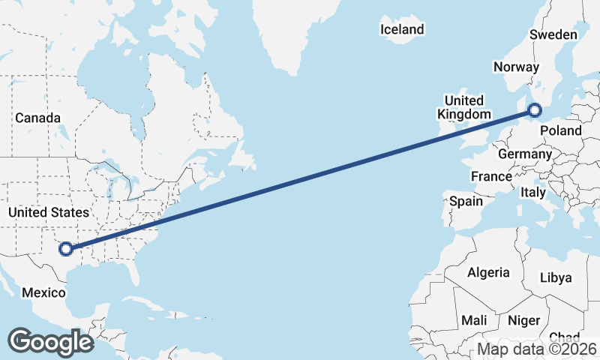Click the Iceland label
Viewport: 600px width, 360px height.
pyautogui.click(x=402, y=30)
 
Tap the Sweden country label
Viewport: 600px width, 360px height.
pyautogui.click(x=553, y=34)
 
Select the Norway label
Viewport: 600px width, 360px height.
pyautogui.click(x=516, y=67)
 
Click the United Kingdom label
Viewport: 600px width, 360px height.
pyautogui.click(x=464, y=107)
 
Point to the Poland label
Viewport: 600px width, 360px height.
pyautogui.click(x=561, y=130)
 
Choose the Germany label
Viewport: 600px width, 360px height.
pyautogui.click(x=525, y=154)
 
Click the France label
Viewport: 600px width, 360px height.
pyautogui.click(x=491, y=176)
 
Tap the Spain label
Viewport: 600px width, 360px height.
pyautogui.click(x=466, y=201)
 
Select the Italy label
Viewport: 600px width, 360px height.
pyautogui.click(x=533, y=193)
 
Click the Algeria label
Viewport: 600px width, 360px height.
pyautogui.click(x=488, y=273)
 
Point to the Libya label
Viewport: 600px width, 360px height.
pyautogui.click(x=556, y=277)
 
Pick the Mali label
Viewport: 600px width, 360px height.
pyautogui.click(x=474, y=320)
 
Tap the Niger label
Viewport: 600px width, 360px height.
pyautogui.click(x=523, y=320)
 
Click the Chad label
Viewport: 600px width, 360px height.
pyautogui.click(x=564, y=337)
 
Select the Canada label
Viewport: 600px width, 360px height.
pyautogui.click(x=37, y=118)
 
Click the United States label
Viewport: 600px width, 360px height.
pyautogui.click(x=48, y=212)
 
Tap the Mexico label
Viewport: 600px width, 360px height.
pyautogui.click(x=43, y=292)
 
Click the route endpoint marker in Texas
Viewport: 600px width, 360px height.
pyautogui.click(x=66, y=248)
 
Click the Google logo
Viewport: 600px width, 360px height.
pyautogui.click(x=51, y=341)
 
